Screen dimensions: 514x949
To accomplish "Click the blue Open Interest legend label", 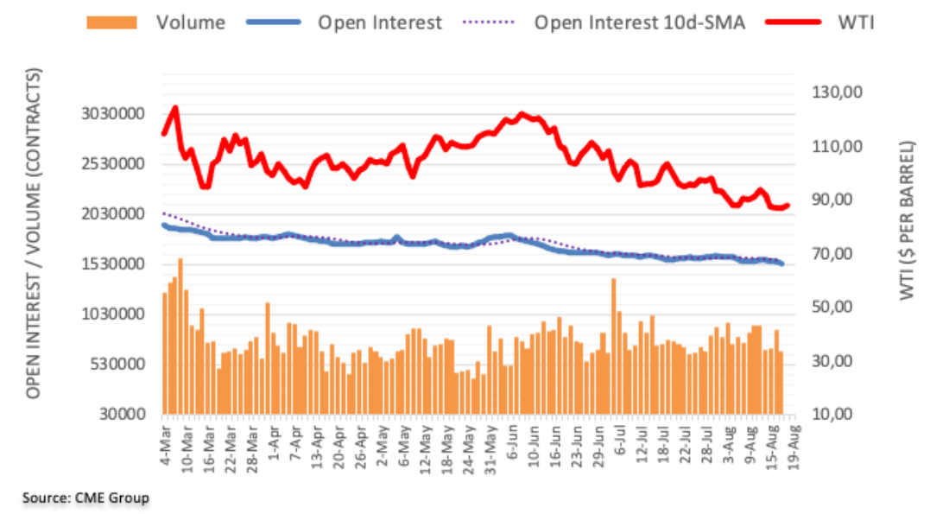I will tap(379, 22).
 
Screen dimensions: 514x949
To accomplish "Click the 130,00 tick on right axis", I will tap(837, 92).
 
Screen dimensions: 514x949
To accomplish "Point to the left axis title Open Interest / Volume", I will tap(35, 233).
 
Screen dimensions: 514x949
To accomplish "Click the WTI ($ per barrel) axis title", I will tap(907, 221).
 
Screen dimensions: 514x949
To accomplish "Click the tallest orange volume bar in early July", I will tap(613, 346).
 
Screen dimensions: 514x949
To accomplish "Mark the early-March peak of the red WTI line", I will tap(175, 108).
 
